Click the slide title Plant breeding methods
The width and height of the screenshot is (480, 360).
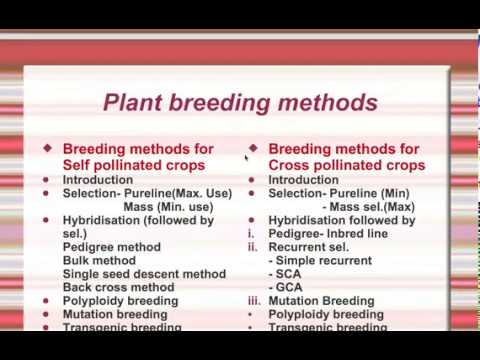coord(240,103)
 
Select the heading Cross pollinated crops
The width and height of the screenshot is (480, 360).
coord(346,165)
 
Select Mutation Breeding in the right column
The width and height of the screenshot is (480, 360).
coord(322,301)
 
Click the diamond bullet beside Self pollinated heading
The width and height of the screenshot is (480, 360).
coord(47,148)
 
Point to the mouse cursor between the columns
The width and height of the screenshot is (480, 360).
coord(247,157)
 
